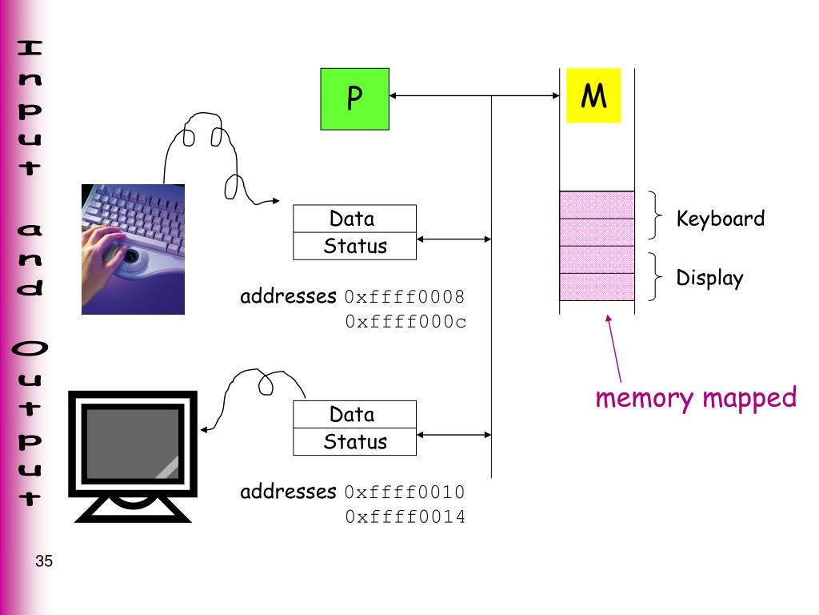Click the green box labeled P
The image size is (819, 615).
pyautogui.click(x=354, y=99)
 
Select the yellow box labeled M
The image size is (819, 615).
pyautogui.click(x=593, y=96)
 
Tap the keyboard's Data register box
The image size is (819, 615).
pyautogui.click(x=354, y=219)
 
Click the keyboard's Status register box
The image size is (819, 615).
pyautogui.click(x=354, y=247)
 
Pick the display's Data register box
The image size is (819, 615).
pyautogui.click(x=354, y=414)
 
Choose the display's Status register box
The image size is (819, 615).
pyautogui.click(x=354, y=442)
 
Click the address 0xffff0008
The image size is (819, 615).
pyautogui.click(x=405, y=297)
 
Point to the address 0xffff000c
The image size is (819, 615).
pyautogui.click(x=405, y=322)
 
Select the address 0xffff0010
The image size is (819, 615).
pyautogui.click(x=405, y=492)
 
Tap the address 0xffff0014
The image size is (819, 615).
pyautogui.click(x=405, y=517)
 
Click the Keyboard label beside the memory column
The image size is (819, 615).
pyautogui.click(x=720, y=219)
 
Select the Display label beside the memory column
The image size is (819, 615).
pyautogui.click(x=709, y=279)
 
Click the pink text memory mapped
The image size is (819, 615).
pyautogui.click(x=696, y=397)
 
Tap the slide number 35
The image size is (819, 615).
pyautogui.click(x=44, y=562)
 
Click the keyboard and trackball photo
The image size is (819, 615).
pyautogui.click(x=133, y=249)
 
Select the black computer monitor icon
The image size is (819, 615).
pyautogui.click(x=133, y=456)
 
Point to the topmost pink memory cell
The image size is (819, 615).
pyautogui.click(x=597, y=205)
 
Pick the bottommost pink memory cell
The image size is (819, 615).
pyautogui.click(x=597, y=287)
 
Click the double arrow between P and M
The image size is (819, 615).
pyautogui.click(x=475, y=96)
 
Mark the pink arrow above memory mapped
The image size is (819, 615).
pyautogui.click(x=614, y=348)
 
